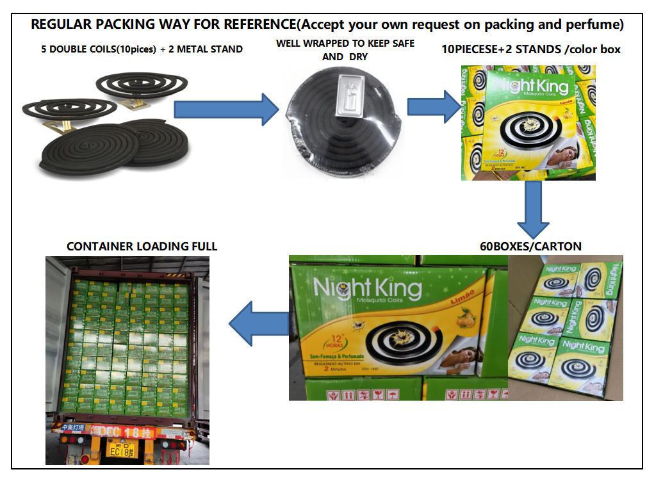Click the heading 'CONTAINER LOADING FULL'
click(x=142, y=246)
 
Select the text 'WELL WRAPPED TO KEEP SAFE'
click(x=345, y=44)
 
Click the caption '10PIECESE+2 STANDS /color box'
click(x=532, y=49)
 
